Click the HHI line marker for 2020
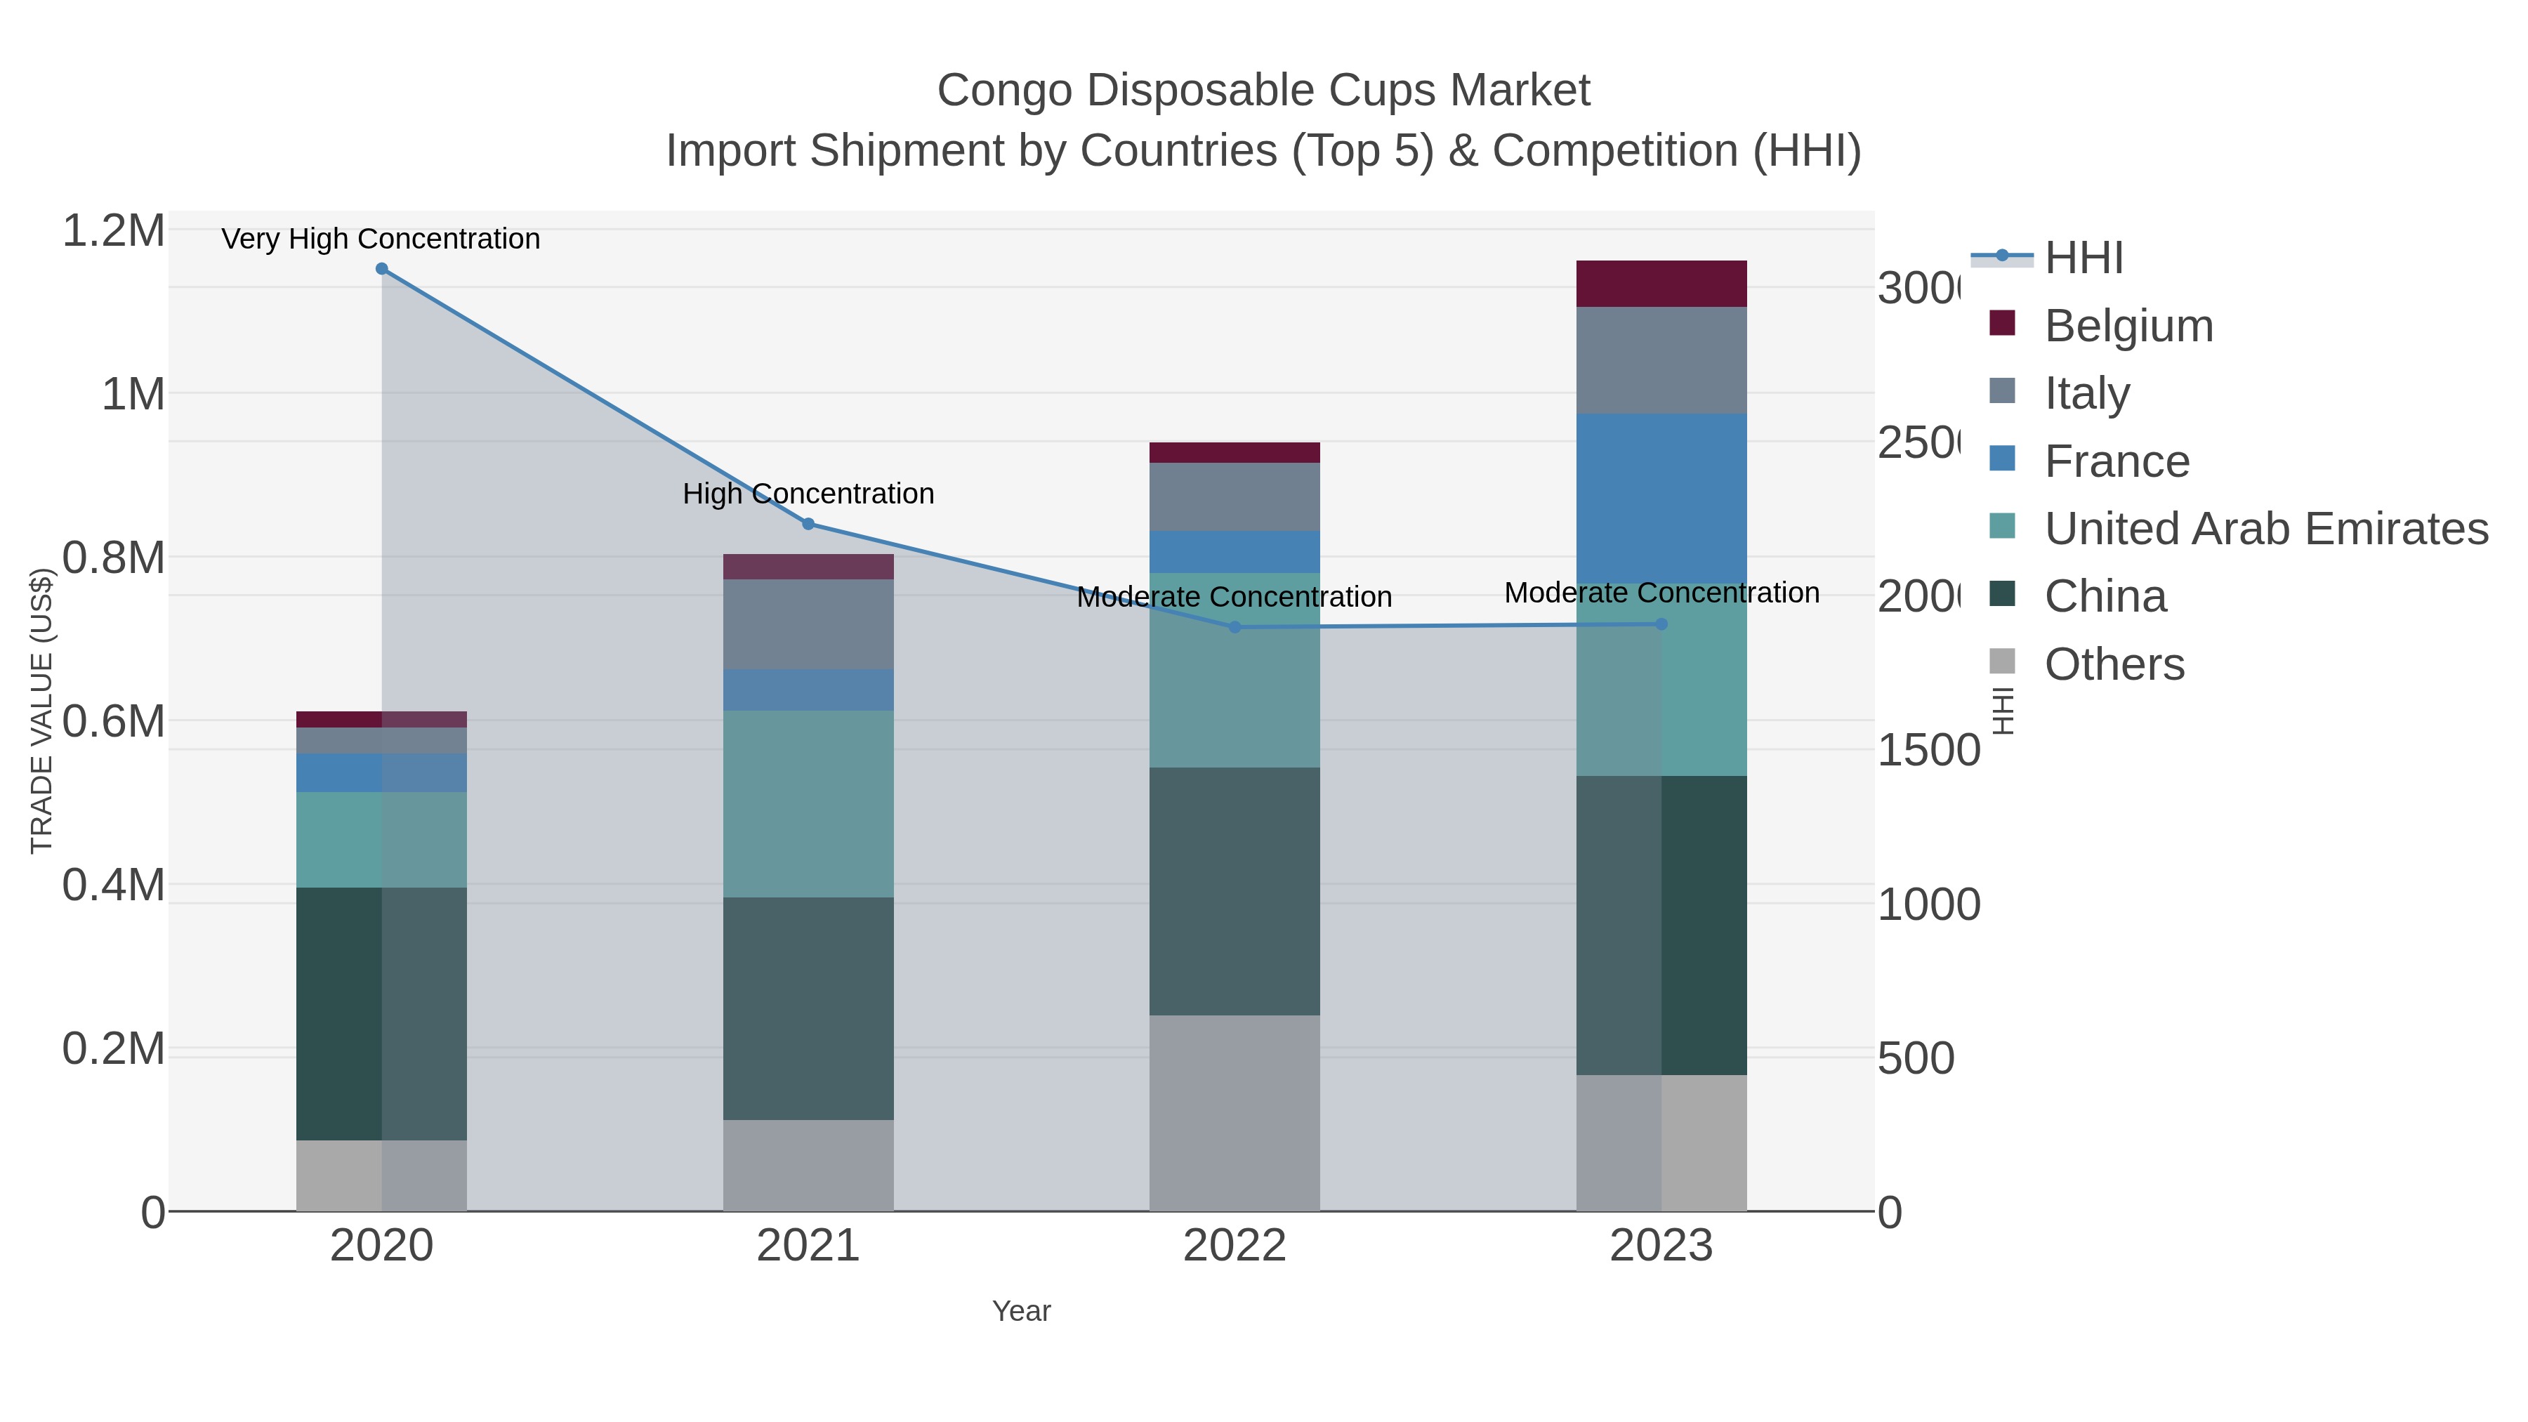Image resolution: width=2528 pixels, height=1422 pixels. pyautogui.click(x=382, y=269)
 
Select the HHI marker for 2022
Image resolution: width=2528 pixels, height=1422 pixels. pyautogui.click(x=1235, y=627)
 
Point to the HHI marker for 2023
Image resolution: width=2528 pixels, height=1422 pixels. pyautogui.click(x=1661, y=624)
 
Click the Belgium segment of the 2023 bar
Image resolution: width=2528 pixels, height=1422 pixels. pyautogui.click(x=1661, y=284)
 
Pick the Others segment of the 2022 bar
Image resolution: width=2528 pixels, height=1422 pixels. pyautogui.click(x=1235, y=1113)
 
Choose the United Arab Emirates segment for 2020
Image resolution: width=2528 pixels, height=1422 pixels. pyautogui.click(x=382, y=839)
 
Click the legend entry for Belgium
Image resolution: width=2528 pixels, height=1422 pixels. pyautogui.click(x=2128, y=325)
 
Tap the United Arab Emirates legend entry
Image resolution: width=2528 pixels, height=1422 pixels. pyautogui.click(x=2265, y=528)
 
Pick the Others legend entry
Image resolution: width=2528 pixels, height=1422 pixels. pyautogui.click(x=2114, y=664)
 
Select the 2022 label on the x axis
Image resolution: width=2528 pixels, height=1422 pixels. pyautogui.click(x=1235, y=1246)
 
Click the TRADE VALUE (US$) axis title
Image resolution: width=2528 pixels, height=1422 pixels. pyautogui.click(x=41, y=711)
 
